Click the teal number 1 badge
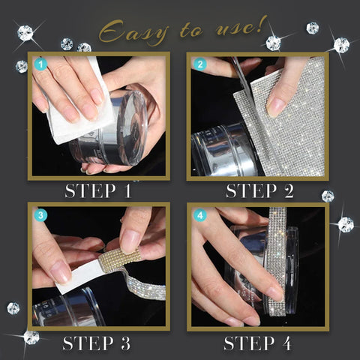(x=40, y=64)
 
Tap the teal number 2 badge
(x=200, y=64)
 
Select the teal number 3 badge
(x=40, y=215)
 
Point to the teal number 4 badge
(x=200, y=215)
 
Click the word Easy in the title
(x=133, y=33)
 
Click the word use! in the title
(x=239, y=25)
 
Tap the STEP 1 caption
(x=98, y=190)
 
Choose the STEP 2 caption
(x=259, y=190)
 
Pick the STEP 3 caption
(x=97, y=343)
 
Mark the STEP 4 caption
(x=257, y=343)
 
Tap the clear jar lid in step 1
(x=132, y=127)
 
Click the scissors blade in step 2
(x=244, y=82)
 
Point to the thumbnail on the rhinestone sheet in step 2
(x=276, y=107)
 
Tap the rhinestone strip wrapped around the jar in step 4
(x=277, y=261)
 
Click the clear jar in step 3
(x=67, y=308)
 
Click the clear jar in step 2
(x=225, y=150)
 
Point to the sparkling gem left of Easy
(x=25, y=33)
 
